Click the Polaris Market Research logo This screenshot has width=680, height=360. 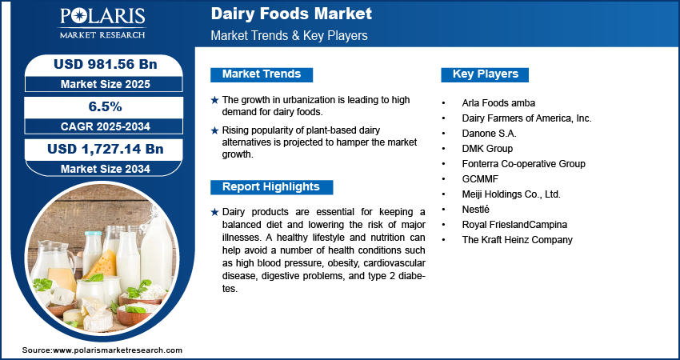point(102,22)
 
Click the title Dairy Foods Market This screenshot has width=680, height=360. point(291,14)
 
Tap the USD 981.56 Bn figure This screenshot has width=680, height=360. point(105,64)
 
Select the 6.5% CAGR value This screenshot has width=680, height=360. point(105,106)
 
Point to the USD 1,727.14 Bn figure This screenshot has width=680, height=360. point(105,150)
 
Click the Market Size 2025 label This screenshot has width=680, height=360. point(106,84)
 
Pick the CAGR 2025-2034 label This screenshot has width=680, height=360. point(106,126)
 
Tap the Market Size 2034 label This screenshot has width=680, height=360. point(106,169)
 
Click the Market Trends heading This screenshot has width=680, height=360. point(262,74)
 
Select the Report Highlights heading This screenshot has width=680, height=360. point(271,187)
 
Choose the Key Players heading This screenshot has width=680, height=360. point(486,74)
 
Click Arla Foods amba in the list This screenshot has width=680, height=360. point(498,103)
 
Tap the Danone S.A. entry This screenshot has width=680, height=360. point(489,133)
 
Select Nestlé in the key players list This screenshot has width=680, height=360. point(476,209)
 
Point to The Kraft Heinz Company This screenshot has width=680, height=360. point(518,239)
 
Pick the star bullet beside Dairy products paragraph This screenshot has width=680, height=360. point(214,213)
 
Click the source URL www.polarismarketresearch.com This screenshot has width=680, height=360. point(118,350)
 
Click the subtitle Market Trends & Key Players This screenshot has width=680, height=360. point(290,35)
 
